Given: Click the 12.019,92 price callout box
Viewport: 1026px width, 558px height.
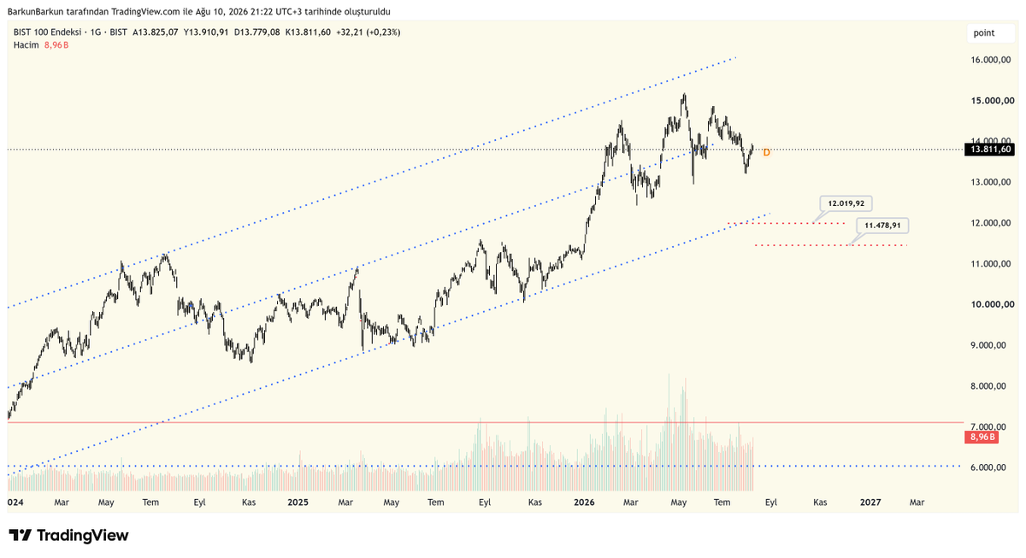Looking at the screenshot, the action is pyautogui.click(x=846, y=203).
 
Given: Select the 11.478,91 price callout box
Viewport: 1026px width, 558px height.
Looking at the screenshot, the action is pyautogui.click(x=882, y=226).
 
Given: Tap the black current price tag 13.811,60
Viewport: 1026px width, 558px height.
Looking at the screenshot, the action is pyautogui.click(x=989, y=150).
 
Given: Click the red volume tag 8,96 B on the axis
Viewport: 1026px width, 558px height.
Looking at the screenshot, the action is pyautogui.click(x=982, y=438).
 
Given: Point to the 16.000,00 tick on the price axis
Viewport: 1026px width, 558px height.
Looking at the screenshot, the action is pyautogui.click(x=991, y=60).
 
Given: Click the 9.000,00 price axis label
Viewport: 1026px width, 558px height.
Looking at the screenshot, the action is pyautogui.click(x=991, y=345).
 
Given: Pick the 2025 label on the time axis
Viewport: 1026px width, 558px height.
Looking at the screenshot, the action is pyautogui.click(x=298, y=502).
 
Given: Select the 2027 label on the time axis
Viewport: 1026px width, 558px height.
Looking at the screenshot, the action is pyautogui.click(x=870, y=502).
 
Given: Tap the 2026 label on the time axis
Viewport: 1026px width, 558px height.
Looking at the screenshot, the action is pyautogui.click(x=584, y=502).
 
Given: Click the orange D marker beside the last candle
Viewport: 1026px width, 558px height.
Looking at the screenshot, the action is pyautogui.click(x=766, y=152).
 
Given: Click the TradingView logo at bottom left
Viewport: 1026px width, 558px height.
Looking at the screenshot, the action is pyautogui.click(x=68, y=535).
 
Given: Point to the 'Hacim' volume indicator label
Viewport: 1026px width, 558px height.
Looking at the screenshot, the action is pyautogui.click(x=27, y=44).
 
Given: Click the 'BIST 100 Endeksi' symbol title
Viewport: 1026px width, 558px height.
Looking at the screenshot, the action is pyautogui.click(x=47, y=32).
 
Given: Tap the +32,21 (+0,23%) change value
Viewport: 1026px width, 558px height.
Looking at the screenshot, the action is pyautogui.click(x=369, y=32).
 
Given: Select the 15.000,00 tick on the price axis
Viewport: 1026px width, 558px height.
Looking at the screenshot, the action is pyautogui.click(x=992, y=101).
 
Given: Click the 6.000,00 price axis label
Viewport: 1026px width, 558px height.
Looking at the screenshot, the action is pyautogui.click(x=991, y=467).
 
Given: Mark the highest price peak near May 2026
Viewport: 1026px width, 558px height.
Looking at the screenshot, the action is pyautogui.click(x=684, y=93).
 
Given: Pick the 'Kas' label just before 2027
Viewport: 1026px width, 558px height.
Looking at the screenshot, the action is pyautogui.click(x=820, y=502).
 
